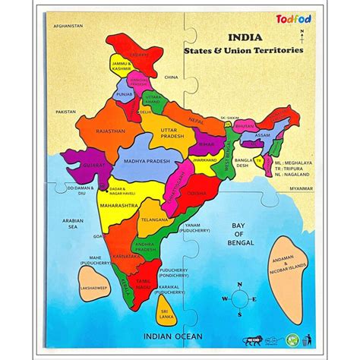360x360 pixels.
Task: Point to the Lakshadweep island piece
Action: pos(93,286)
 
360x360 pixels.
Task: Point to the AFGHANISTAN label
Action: pos(68,27)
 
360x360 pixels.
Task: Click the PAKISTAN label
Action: pos(66,111)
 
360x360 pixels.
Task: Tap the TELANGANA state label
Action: pos(154,218)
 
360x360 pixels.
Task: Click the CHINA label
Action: pos(171,77)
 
